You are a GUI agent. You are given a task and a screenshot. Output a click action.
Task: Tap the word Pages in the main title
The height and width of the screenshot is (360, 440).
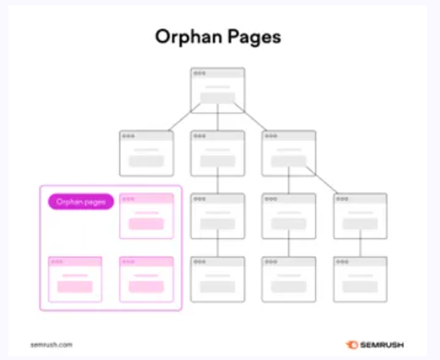click(254, 37)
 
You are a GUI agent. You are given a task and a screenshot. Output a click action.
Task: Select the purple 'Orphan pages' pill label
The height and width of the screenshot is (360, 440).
click(81, 202)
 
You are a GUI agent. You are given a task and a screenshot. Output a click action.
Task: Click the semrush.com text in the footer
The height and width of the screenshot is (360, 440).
click(51, 345)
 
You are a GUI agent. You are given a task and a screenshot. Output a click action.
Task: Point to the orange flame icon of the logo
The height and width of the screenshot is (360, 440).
click(352, 345)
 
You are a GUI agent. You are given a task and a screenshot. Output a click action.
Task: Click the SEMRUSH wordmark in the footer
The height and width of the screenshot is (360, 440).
click(382, 345)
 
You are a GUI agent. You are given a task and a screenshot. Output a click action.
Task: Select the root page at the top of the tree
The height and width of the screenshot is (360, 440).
click(218, 90)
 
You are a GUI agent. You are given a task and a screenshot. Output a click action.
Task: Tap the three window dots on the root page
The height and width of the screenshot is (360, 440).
click(199, 73)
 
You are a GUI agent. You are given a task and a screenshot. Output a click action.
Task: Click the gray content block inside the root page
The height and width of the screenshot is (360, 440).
click(218, 98)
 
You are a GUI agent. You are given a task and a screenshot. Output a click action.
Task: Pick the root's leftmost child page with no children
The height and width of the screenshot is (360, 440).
click(146, 154)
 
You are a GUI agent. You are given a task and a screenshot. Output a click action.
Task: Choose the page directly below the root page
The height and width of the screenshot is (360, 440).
click(218, 154)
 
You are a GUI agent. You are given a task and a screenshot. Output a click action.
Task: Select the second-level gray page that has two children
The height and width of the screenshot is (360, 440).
click(289, 154)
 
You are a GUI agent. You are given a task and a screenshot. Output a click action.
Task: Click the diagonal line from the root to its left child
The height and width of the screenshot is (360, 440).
click(184, 117)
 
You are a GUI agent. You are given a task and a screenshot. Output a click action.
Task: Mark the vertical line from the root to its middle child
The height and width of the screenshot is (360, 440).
click(218, 117)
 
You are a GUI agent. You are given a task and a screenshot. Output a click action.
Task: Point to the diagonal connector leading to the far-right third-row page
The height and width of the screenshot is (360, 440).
click(322, 180)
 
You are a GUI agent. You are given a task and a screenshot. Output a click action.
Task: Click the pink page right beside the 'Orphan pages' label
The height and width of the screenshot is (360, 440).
click(146, 216)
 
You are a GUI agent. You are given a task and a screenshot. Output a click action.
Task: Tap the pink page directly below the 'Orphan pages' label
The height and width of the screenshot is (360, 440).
click(75, 280)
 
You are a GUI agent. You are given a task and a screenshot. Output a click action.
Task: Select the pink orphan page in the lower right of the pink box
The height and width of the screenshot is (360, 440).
click(146, 280)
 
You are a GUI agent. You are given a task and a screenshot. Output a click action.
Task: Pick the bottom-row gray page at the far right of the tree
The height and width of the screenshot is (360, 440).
click(361, 280)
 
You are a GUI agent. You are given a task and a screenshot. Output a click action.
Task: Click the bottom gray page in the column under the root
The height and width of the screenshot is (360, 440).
click(218, 280)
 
